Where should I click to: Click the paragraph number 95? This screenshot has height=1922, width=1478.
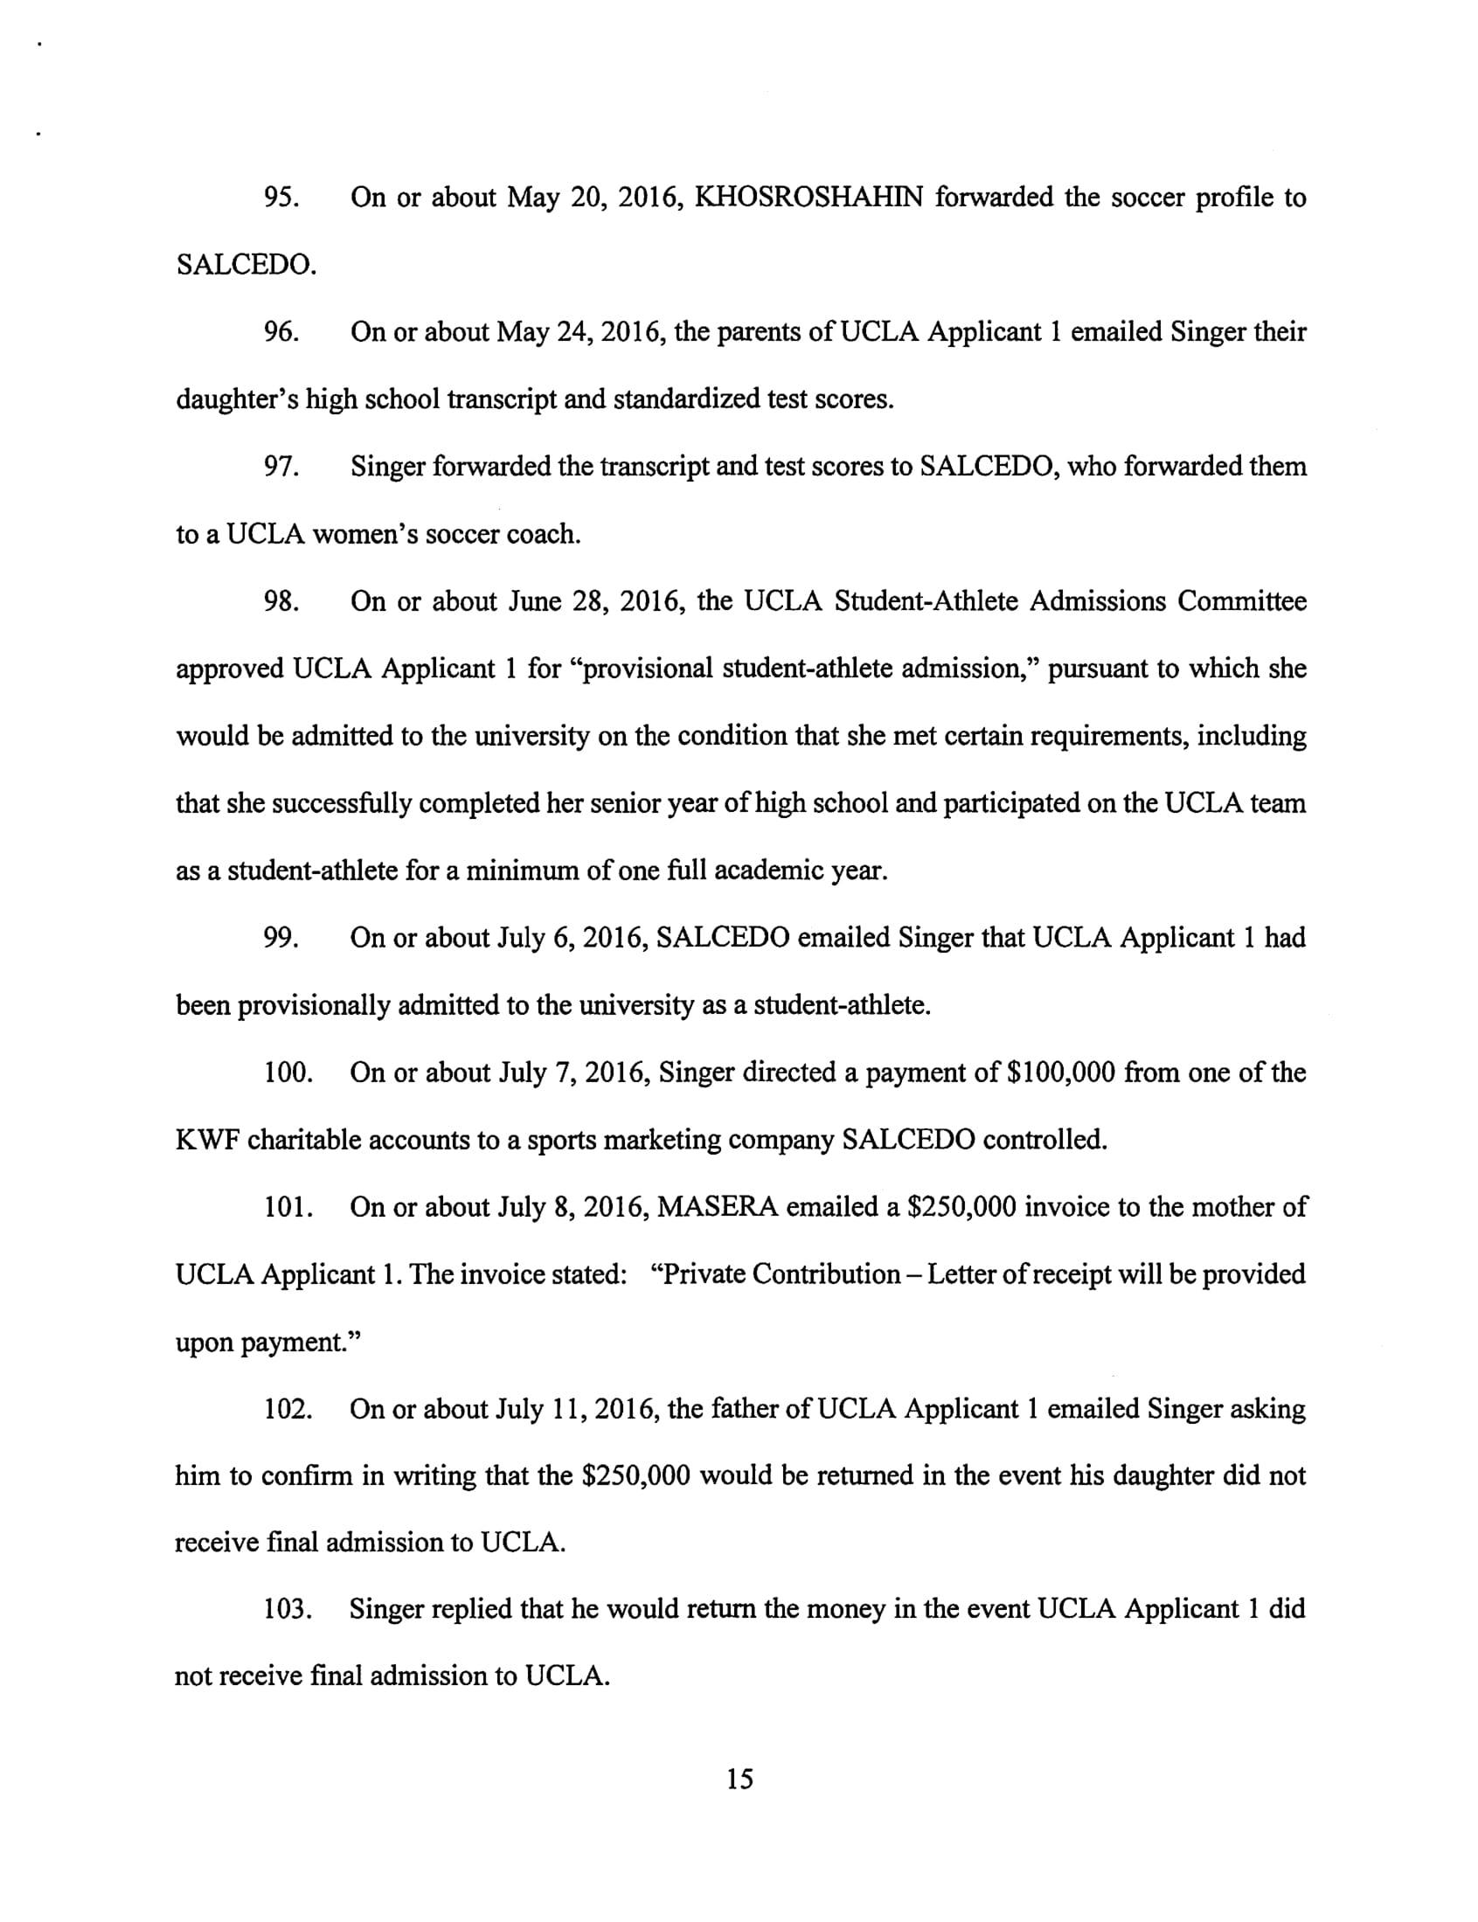(281, 198)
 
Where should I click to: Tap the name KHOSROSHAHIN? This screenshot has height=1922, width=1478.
(808, 198)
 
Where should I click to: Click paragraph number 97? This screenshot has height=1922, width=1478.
(281, 467)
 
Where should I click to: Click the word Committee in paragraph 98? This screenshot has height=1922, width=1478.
(1241, 601)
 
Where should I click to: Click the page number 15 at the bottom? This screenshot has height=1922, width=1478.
(740, 1780)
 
